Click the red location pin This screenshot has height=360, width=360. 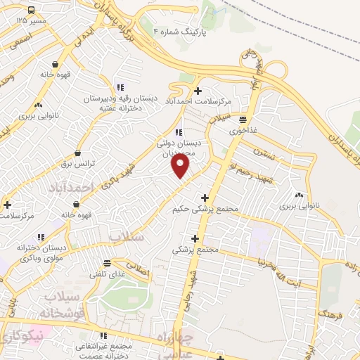pos(181,165)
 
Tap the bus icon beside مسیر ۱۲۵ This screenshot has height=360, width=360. pos(32,11)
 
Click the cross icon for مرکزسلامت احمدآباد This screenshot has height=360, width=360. pos(198,91)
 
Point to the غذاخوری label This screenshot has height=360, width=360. pos(243,130)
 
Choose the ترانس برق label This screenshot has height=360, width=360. pos(77,163)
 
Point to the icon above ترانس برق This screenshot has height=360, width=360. pos(77,153)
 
